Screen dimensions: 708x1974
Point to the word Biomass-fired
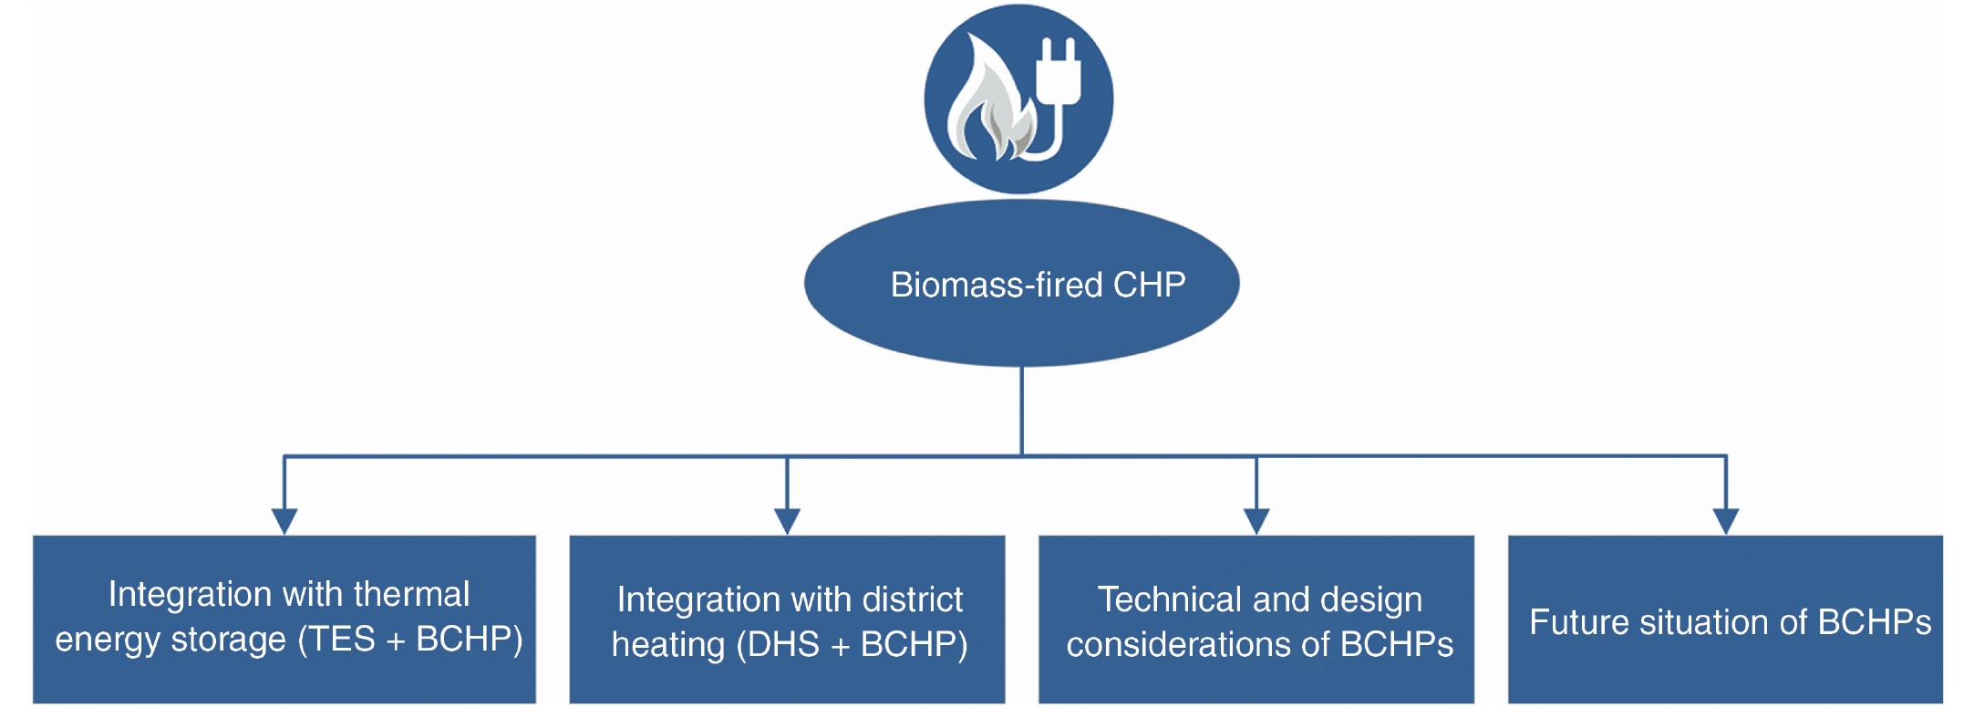[997, 285]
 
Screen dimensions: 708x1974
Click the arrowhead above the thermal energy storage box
[284, 520]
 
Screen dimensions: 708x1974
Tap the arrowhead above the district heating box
[787, 520]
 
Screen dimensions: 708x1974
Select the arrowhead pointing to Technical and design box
[1256, 520]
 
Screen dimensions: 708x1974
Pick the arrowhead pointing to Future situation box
[1726, 520]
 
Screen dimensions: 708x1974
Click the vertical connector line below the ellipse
[1021, 411]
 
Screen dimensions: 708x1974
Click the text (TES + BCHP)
[410, 639]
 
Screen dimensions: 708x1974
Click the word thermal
[411, 594]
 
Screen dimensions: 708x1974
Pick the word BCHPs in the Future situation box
[1875, 622]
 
